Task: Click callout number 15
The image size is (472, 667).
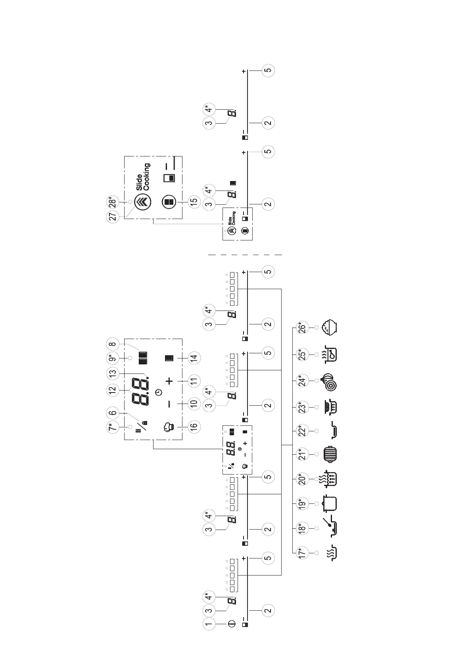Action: pyautogui.click(x=194, y=201)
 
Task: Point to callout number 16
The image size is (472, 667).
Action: pyautogui.click(x=194, y=427)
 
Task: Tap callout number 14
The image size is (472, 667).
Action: pyautogui.click(x=194, y=358)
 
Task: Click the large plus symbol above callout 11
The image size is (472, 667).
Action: pyautogui.click(x=169, y=381)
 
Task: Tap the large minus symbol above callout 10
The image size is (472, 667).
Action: pyautogui.click(x=169, y=404)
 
